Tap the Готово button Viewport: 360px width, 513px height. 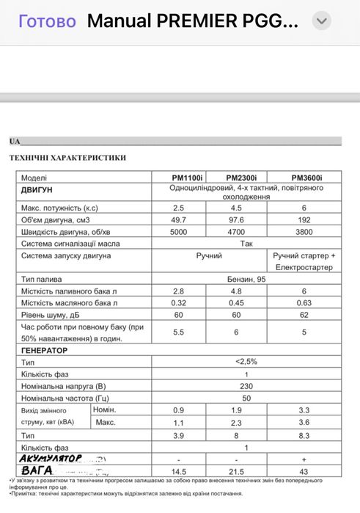[x=47, y=21]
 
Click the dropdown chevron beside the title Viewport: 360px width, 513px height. [x=321, y=21]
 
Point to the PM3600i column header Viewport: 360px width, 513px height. [x=306, y=178]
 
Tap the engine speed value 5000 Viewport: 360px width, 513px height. [x=179, y=231]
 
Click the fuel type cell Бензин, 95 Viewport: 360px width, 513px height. [x=243, y=280]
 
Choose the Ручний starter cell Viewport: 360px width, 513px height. [x=209, y=255]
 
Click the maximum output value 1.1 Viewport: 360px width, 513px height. [x=179, y=423]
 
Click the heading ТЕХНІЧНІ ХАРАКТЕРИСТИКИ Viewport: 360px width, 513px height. [x=67, y=157]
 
